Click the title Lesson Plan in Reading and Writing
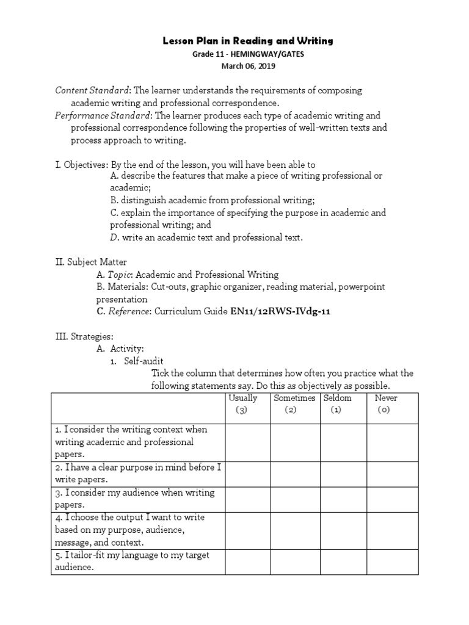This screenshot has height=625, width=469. [247, 41]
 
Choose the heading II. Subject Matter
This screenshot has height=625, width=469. [91, 262]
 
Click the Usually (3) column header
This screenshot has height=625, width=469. [242, 404]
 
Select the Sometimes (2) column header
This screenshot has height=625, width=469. [294, 404]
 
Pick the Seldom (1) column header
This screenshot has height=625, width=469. [338, 404]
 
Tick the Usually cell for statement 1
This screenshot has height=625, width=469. [248, 442]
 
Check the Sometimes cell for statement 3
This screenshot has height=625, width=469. [296, 499]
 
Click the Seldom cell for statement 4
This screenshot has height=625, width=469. [343, 530]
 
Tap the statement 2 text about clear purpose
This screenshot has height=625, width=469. [138, 474]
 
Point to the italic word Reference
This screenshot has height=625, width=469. [129, 311]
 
